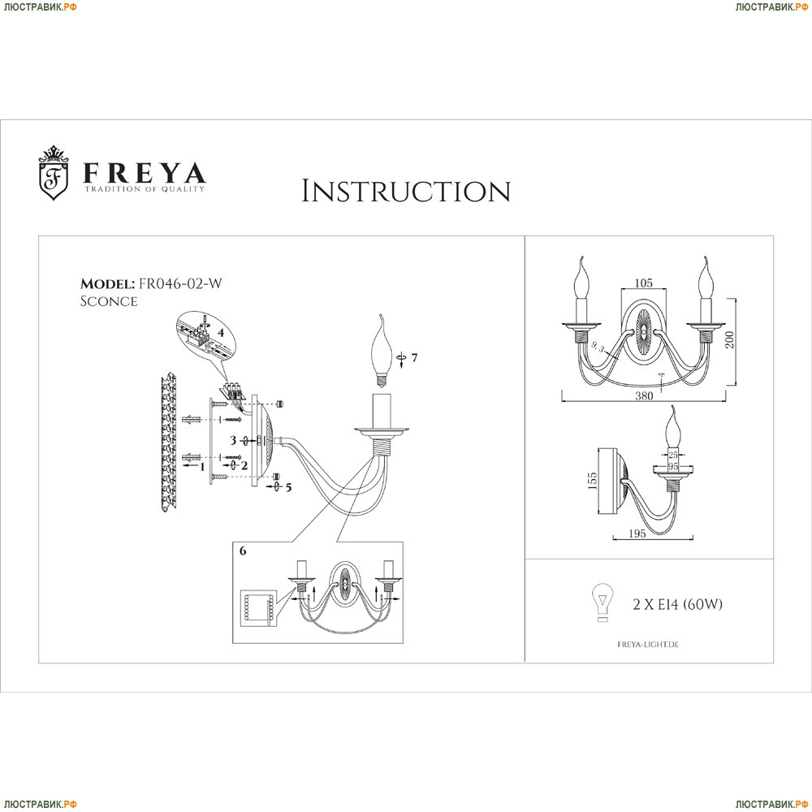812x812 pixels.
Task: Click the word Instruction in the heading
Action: point(406,192)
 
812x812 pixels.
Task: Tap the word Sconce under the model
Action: point(109,301)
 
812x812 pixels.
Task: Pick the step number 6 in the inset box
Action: point(243,550)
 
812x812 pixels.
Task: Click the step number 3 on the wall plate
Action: point(232,441)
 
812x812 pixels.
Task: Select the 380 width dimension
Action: point(644,396)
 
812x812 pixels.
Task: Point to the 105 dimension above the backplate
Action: point(643,283)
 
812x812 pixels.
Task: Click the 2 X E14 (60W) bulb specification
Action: point(677,604)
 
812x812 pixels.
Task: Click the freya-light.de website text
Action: point(642,643)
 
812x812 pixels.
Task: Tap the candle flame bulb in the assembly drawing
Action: point(381,349)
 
